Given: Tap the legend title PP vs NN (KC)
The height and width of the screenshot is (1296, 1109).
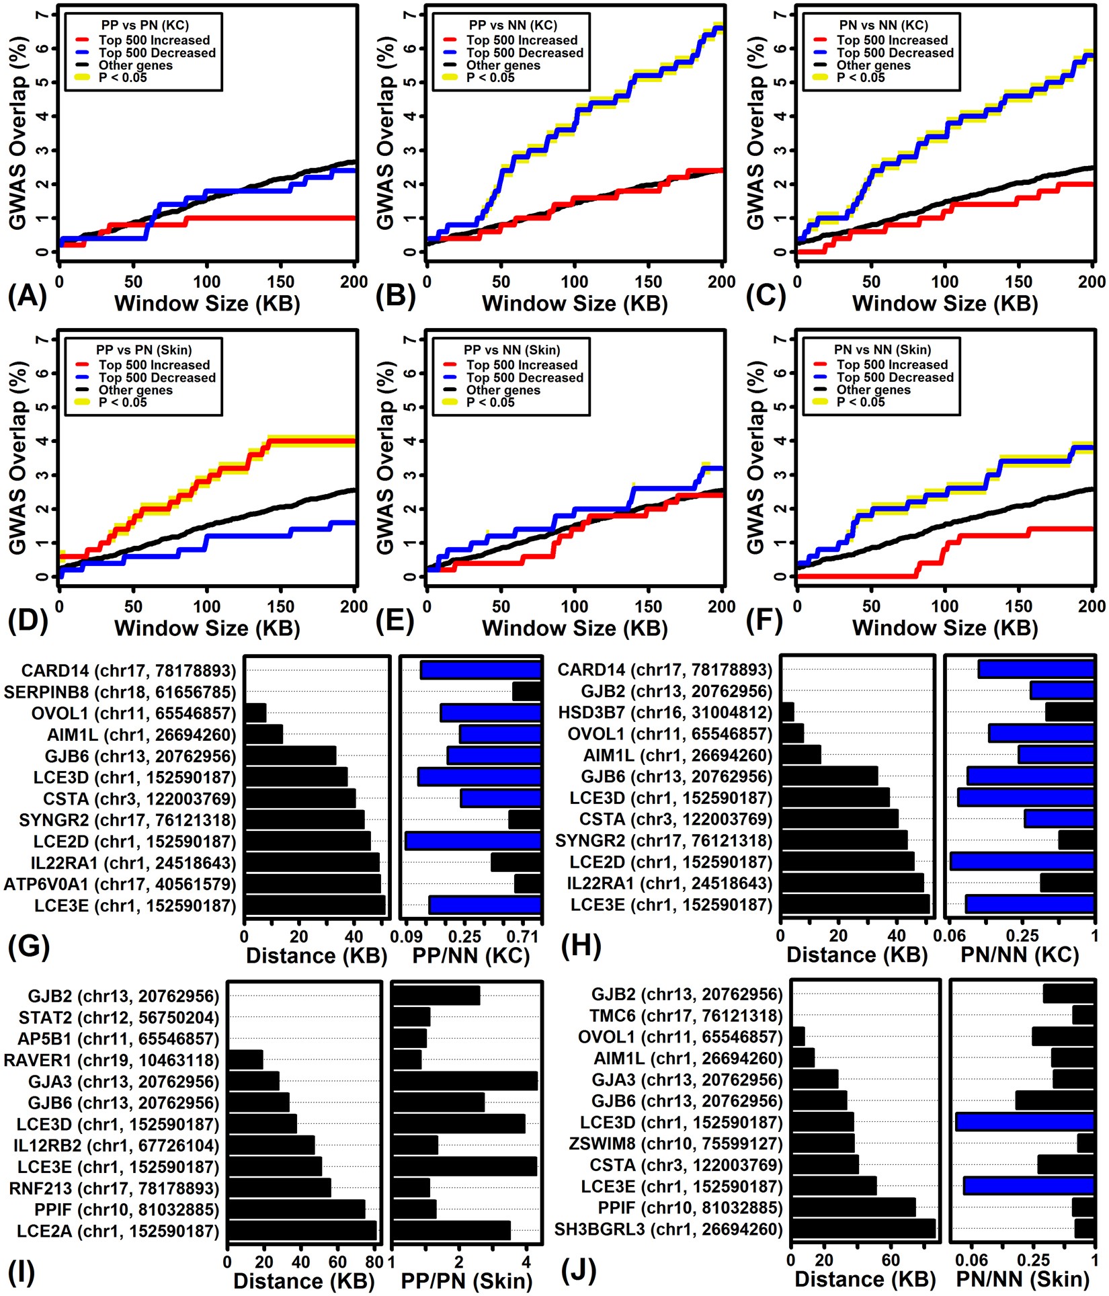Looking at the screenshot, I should [x=513, y=26].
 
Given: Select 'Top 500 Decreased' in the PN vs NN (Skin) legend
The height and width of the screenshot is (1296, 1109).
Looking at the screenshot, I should [x=895, y=378].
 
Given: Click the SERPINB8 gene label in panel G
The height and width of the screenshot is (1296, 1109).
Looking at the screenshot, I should [x=120, y=692].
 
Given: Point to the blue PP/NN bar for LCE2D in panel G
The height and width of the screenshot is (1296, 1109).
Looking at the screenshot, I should [x=473, y=841].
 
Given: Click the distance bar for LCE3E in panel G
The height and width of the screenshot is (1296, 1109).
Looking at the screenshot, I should [x=315, y=905].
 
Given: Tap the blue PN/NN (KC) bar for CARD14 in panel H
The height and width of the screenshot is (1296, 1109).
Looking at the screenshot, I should [x=1036, y=669].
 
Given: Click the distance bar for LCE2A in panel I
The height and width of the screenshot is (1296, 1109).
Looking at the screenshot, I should [x=302, y=1231].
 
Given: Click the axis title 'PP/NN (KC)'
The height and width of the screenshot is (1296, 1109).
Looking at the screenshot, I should [x=470, y=956].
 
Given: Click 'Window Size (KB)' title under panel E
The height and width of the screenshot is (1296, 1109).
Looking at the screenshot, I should [x=575, y=628].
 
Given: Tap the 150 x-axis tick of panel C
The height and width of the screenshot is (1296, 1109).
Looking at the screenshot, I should [x=1018, y=282].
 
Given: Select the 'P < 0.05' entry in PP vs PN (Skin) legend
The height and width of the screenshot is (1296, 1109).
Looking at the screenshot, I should [x=122, y=403].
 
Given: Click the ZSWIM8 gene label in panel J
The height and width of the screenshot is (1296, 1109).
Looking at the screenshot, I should [x=675, y=1144].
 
